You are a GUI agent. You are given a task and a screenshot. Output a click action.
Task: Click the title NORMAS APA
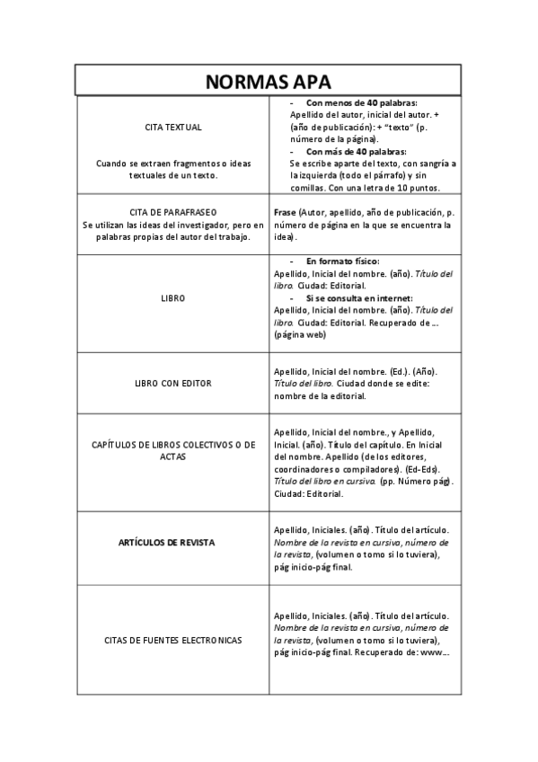tap(269, 81)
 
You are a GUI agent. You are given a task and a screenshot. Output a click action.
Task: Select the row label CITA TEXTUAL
tap(173, 127)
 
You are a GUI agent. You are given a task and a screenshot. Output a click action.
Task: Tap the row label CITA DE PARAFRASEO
tap(173, 213)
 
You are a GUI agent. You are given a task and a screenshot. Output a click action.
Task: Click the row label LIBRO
tap(173, 297)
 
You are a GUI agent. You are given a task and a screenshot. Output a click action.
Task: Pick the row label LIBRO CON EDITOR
tap(173, 383)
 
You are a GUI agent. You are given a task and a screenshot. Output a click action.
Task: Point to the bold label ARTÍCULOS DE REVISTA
tap(173, 543)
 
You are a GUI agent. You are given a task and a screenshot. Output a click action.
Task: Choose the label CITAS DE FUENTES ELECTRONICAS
tap(173, 640)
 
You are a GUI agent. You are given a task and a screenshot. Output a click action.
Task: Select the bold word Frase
tap(285, 212)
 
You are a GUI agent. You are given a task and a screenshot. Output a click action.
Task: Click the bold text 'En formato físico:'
tap(344, 261)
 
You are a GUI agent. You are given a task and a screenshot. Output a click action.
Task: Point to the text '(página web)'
tap(300, 334)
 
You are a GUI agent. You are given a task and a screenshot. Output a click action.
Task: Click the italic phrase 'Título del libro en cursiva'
tap(324, 482)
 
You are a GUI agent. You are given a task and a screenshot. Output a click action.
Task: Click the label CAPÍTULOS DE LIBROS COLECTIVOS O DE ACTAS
tap(173, 450)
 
